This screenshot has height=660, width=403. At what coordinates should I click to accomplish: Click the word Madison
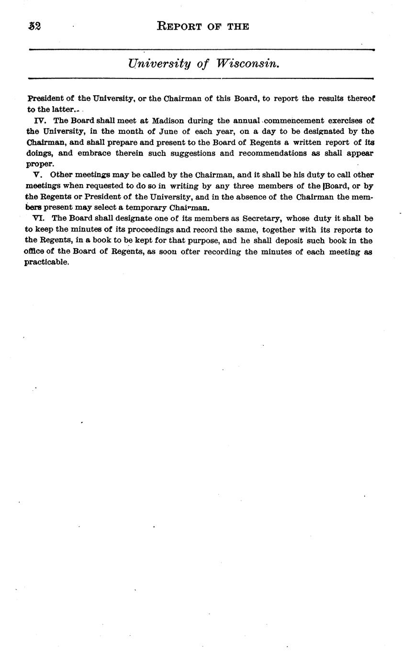point(168,121)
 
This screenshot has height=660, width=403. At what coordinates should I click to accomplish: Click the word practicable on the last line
point(47,263)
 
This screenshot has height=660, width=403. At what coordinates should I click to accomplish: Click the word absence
point(259,197)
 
